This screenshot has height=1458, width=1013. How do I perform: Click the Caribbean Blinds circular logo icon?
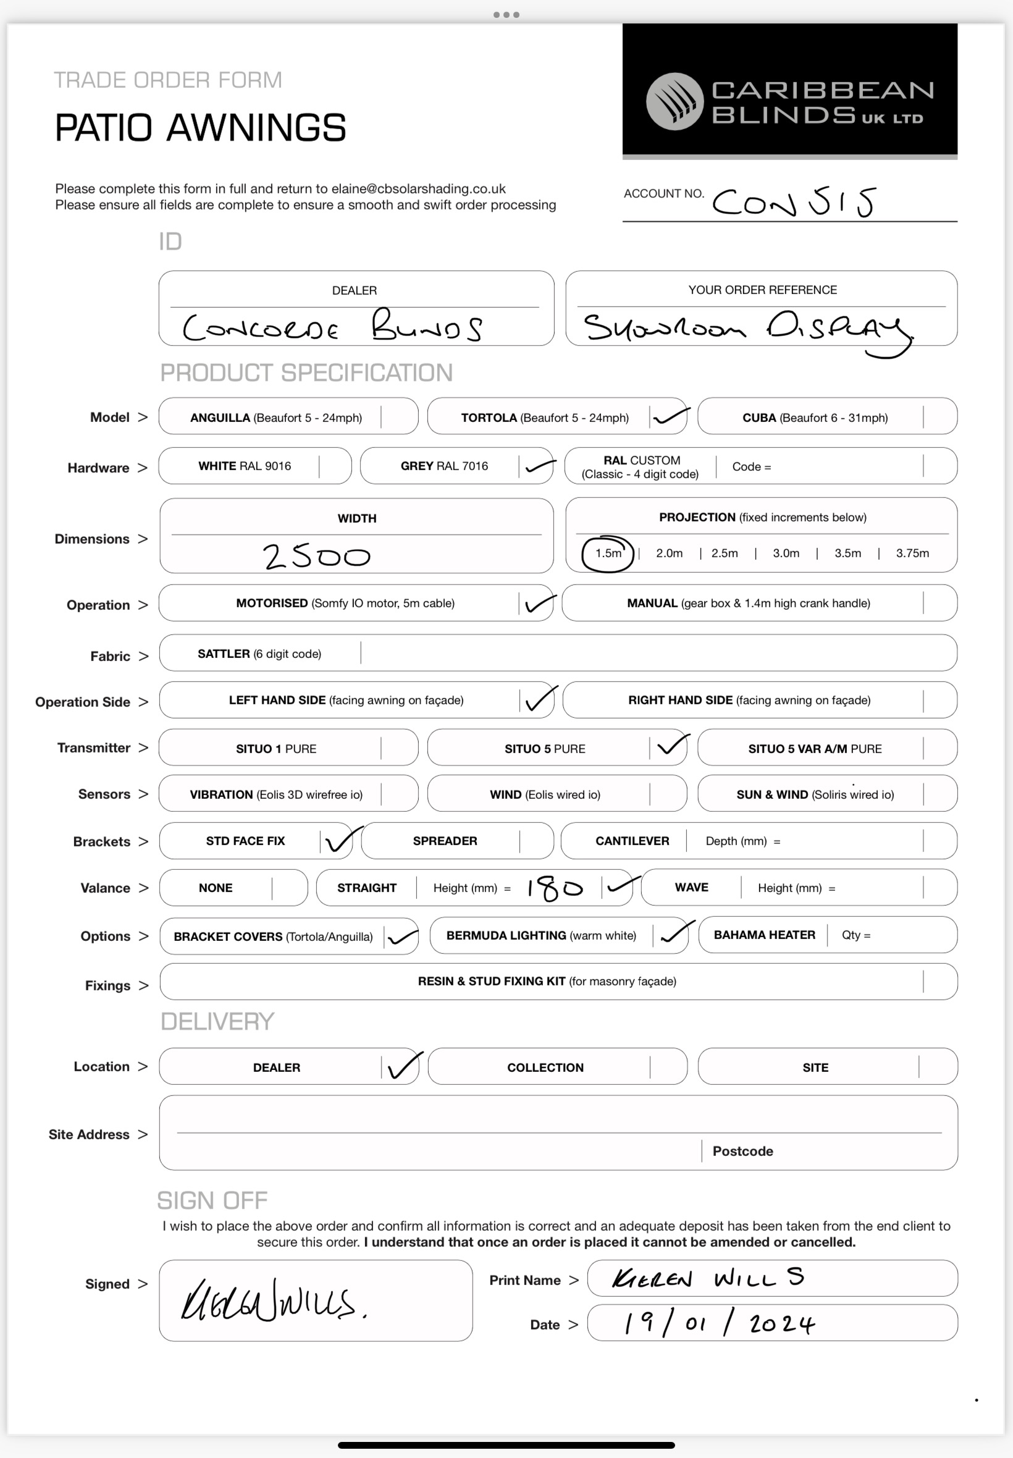coord(674,101)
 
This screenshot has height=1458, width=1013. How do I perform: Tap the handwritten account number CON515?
coord(793,203)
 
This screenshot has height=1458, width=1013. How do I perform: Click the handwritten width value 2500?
coord(316,557)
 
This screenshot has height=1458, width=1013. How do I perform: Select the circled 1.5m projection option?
coord(607,554)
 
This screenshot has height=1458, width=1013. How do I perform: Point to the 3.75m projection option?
coord(912,554)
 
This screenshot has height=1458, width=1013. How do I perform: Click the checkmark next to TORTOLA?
coord(670,416)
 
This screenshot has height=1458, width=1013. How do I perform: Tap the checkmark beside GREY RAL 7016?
coord(539,466)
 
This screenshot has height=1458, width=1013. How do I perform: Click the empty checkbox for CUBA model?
coord(939,417)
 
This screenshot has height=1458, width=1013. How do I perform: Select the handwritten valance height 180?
coord(554,888)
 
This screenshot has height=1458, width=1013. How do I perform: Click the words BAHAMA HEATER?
coord(764,935)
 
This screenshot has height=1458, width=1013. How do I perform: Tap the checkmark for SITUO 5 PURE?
coord(672,746)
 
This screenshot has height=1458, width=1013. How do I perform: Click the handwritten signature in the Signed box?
coord(273,1299)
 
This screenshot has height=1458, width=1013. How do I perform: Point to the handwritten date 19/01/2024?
coord(718,1323)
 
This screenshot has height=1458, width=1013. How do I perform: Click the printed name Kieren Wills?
coord(708,1278)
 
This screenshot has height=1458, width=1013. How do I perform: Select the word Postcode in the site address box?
coord(742,1152)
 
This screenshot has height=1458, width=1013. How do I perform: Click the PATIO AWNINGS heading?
coord(201,129)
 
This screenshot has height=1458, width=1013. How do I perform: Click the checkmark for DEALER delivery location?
coord(404,1066)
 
